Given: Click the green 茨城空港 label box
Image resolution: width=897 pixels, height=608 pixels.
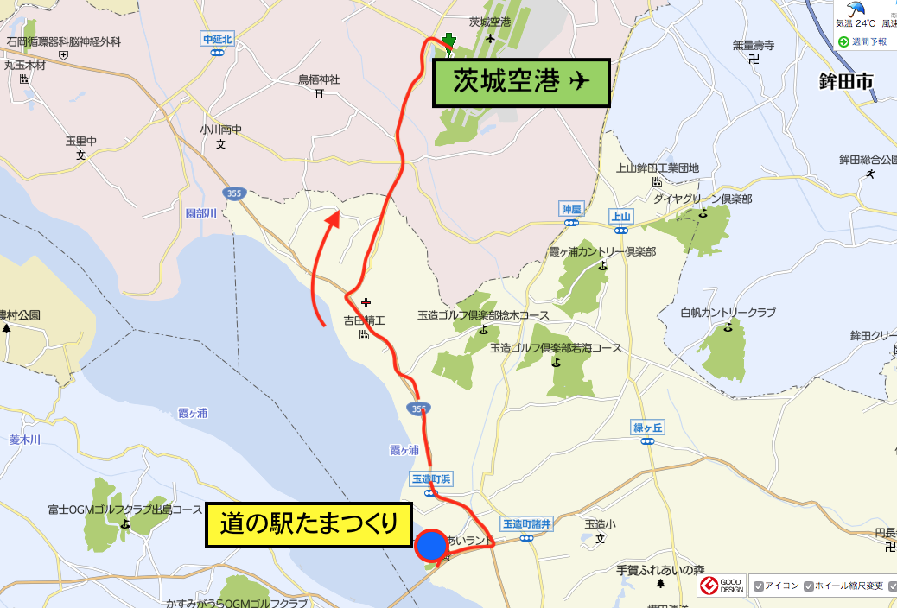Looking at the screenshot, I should (521, 82).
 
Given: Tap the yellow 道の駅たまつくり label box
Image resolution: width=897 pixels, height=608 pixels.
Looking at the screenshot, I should (308, 526).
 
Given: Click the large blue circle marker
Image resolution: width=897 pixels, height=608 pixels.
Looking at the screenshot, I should (430, 546).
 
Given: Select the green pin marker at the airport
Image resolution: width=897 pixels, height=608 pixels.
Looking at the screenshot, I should (448, 41).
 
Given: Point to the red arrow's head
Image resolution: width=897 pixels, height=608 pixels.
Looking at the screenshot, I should (334, 218).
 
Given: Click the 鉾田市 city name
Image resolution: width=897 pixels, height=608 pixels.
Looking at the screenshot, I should (846, 83).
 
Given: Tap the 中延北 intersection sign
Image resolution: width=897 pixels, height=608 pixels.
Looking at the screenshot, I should (217, 40).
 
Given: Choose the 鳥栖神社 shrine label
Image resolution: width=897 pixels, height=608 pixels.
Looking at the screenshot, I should (319, 79).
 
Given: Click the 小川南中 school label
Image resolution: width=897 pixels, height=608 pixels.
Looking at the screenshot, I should (220, 130).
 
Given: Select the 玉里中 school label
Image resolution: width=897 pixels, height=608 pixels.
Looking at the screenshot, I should (80, 141).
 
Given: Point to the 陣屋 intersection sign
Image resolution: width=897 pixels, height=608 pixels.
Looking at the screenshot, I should (572, 209).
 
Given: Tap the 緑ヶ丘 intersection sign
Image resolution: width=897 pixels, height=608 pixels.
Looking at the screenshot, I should (647, 428).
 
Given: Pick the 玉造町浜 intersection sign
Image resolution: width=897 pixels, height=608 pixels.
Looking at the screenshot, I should (430, 479).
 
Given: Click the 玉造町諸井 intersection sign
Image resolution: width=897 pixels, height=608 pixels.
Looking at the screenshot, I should (526, 523).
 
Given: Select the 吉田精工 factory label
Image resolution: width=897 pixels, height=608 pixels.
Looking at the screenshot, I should (364, 320).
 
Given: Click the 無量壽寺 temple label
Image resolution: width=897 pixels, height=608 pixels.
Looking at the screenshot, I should (753, 45).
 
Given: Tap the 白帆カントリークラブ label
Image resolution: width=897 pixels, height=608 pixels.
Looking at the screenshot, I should (728, 312).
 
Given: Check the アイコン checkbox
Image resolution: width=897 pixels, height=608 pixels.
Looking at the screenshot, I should (759, 586).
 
